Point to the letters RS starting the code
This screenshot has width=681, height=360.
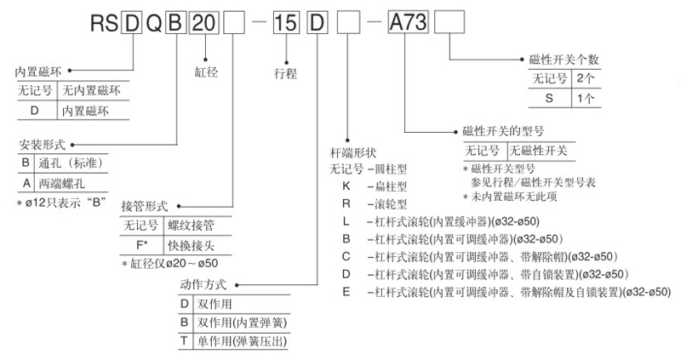(x=100, y=22)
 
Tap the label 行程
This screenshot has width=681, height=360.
(x=286, y=73)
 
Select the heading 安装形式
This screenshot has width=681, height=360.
(x=39, y=145)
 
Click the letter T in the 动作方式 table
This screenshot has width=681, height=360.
(x=183, y=341)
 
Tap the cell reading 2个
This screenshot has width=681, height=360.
(x=586, y=78)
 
